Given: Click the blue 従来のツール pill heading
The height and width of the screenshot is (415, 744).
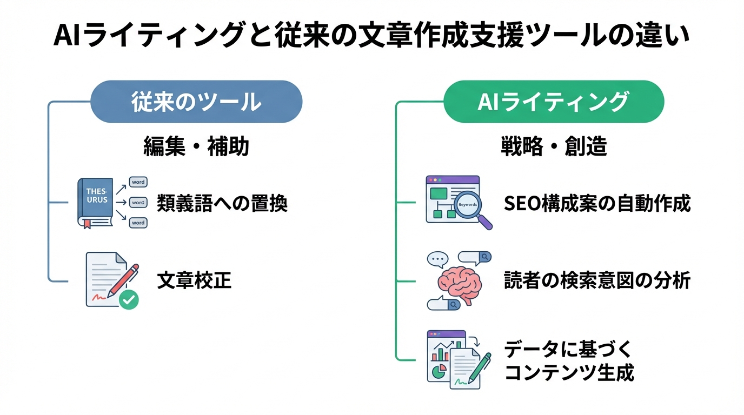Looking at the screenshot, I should (196, 102).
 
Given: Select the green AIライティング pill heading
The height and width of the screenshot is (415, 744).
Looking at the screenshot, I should (553, 102).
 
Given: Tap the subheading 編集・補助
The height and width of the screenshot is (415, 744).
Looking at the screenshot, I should (196, 146).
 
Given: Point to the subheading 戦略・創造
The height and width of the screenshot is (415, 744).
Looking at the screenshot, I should (553, 146).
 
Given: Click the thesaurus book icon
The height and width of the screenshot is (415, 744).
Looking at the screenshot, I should (95, 201).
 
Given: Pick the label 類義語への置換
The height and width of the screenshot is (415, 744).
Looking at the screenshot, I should (222, 204).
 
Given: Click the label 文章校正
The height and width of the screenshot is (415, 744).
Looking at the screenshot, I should (194, 280).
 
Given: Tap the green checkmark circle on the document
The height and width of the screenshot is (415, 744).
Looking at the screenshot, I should (129, 299).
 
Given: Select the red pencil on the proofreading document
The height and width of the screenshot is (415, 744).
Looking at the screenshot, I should (123, 280).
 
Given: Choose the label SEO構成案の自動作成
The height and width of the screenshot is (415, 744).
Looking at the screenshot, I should (597, 204).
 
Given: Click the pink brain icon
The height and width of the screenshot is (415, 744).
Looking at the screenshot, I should (459, 282).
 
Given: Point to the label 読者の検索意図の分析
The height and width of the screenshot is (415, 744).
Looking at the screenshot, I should (597, 280).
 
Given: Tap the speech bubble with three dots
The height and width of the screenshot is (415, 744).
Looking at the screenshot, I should (438, 259).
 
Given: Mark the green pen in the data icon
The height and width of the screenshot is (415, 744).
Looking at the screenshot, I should (480, 367).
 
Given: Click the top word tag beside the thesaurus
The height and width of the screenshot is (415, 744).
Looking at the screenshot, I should (138, 183).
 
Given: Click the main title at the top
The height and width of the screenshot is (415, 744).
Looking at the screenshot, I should (372, 37).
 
